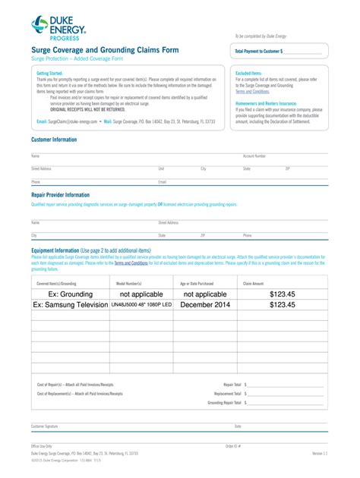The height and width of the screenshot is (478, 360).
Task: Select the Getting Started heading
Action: point(49,74)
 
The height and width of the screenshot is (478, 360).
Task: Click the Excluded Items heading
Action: point(249,74)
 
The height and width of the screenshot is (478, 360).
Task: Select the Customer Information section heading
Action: point(53,140)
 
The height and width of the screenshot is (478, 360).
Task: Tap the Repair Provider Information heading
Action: point(60,195)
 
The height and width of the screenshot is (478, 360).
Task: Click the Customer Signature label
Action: point(44,426)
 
